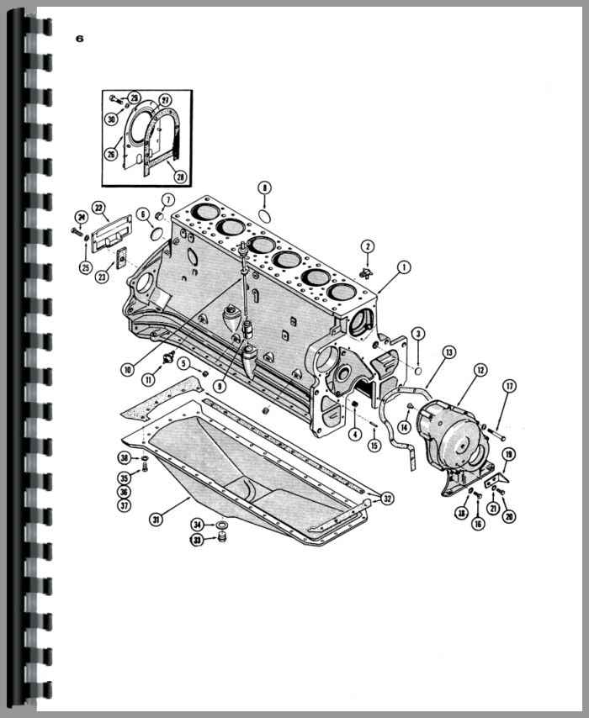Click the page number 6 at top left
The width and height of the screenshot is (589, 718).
(x=79, y=38)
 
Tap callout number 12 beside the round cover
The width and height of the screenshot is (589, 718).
(x=480, y=369)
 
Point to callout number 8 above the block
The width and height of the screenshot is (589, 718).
(x=264, y=188)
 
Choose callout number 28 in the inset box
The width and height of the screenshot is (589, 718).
(x=178, y=177)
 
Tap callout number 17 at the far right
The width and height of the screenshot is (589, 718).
(x=509, y=386)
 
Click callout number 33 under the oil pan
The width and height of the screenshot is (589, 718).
(x=197, y=540)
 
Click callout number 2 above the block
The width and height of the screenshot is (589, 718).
(x=368, y=245)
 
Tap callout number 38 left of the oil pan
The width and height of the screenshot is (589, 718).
(x=124, y=458)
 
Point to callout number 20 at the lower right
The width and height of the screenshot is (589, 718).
(x=509, y=516)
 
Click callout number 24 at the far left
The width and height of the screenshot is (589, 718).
(x=82, y=216)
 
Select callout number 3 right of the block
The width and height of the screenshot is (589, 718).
(x=418, y=335)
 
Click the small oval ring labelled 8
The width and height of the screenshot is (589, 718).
(x=264, y=216)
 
